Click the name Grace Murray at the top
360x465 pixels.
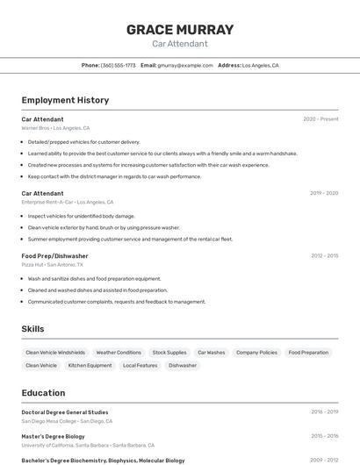click(x=180, y=30)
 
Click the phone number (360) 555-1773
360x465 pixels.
click(x=118, y=65)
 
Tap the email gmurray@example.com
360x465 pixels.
click(x=185, y=65)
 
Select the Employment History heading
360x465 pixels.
click(x=65, y=100)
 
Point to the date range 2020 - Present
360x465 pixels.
click(x=320, y=118)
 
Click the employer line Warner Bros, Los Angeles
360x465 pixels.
click(x=55, y=128)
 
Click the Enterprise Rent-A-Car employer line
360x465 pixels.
click(x=67, y=202)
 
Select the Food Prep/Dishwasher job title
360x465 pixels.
click(x=54, y=255)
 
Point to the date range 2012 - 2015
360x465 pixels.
click(x=324, y=255)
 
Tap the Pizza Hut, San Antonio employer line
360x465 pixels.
click(x=53, y=264)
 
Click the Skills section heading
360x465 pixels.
click(x=32, y=329)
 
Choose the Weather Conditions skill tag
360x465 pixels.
click(x=119, y=353)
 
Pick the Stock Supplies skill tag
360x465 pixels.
click(x=169, y=353)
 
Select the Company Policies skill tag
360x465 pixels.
click(x=256, y=353)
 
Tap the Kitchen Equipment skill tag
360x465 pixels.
click(x=90, y=365)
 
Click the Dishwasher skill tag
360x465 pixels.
click(x=183, y=365)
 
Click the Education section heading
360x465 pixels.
click(x=43, y=393)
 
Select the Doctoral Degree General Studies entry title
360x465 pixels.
click(x=65, y=411)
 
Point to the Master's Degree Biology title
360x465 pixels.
click(x=54, y=436)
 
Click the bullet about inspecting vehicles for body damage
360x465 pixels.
click(x=82, y=216)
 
